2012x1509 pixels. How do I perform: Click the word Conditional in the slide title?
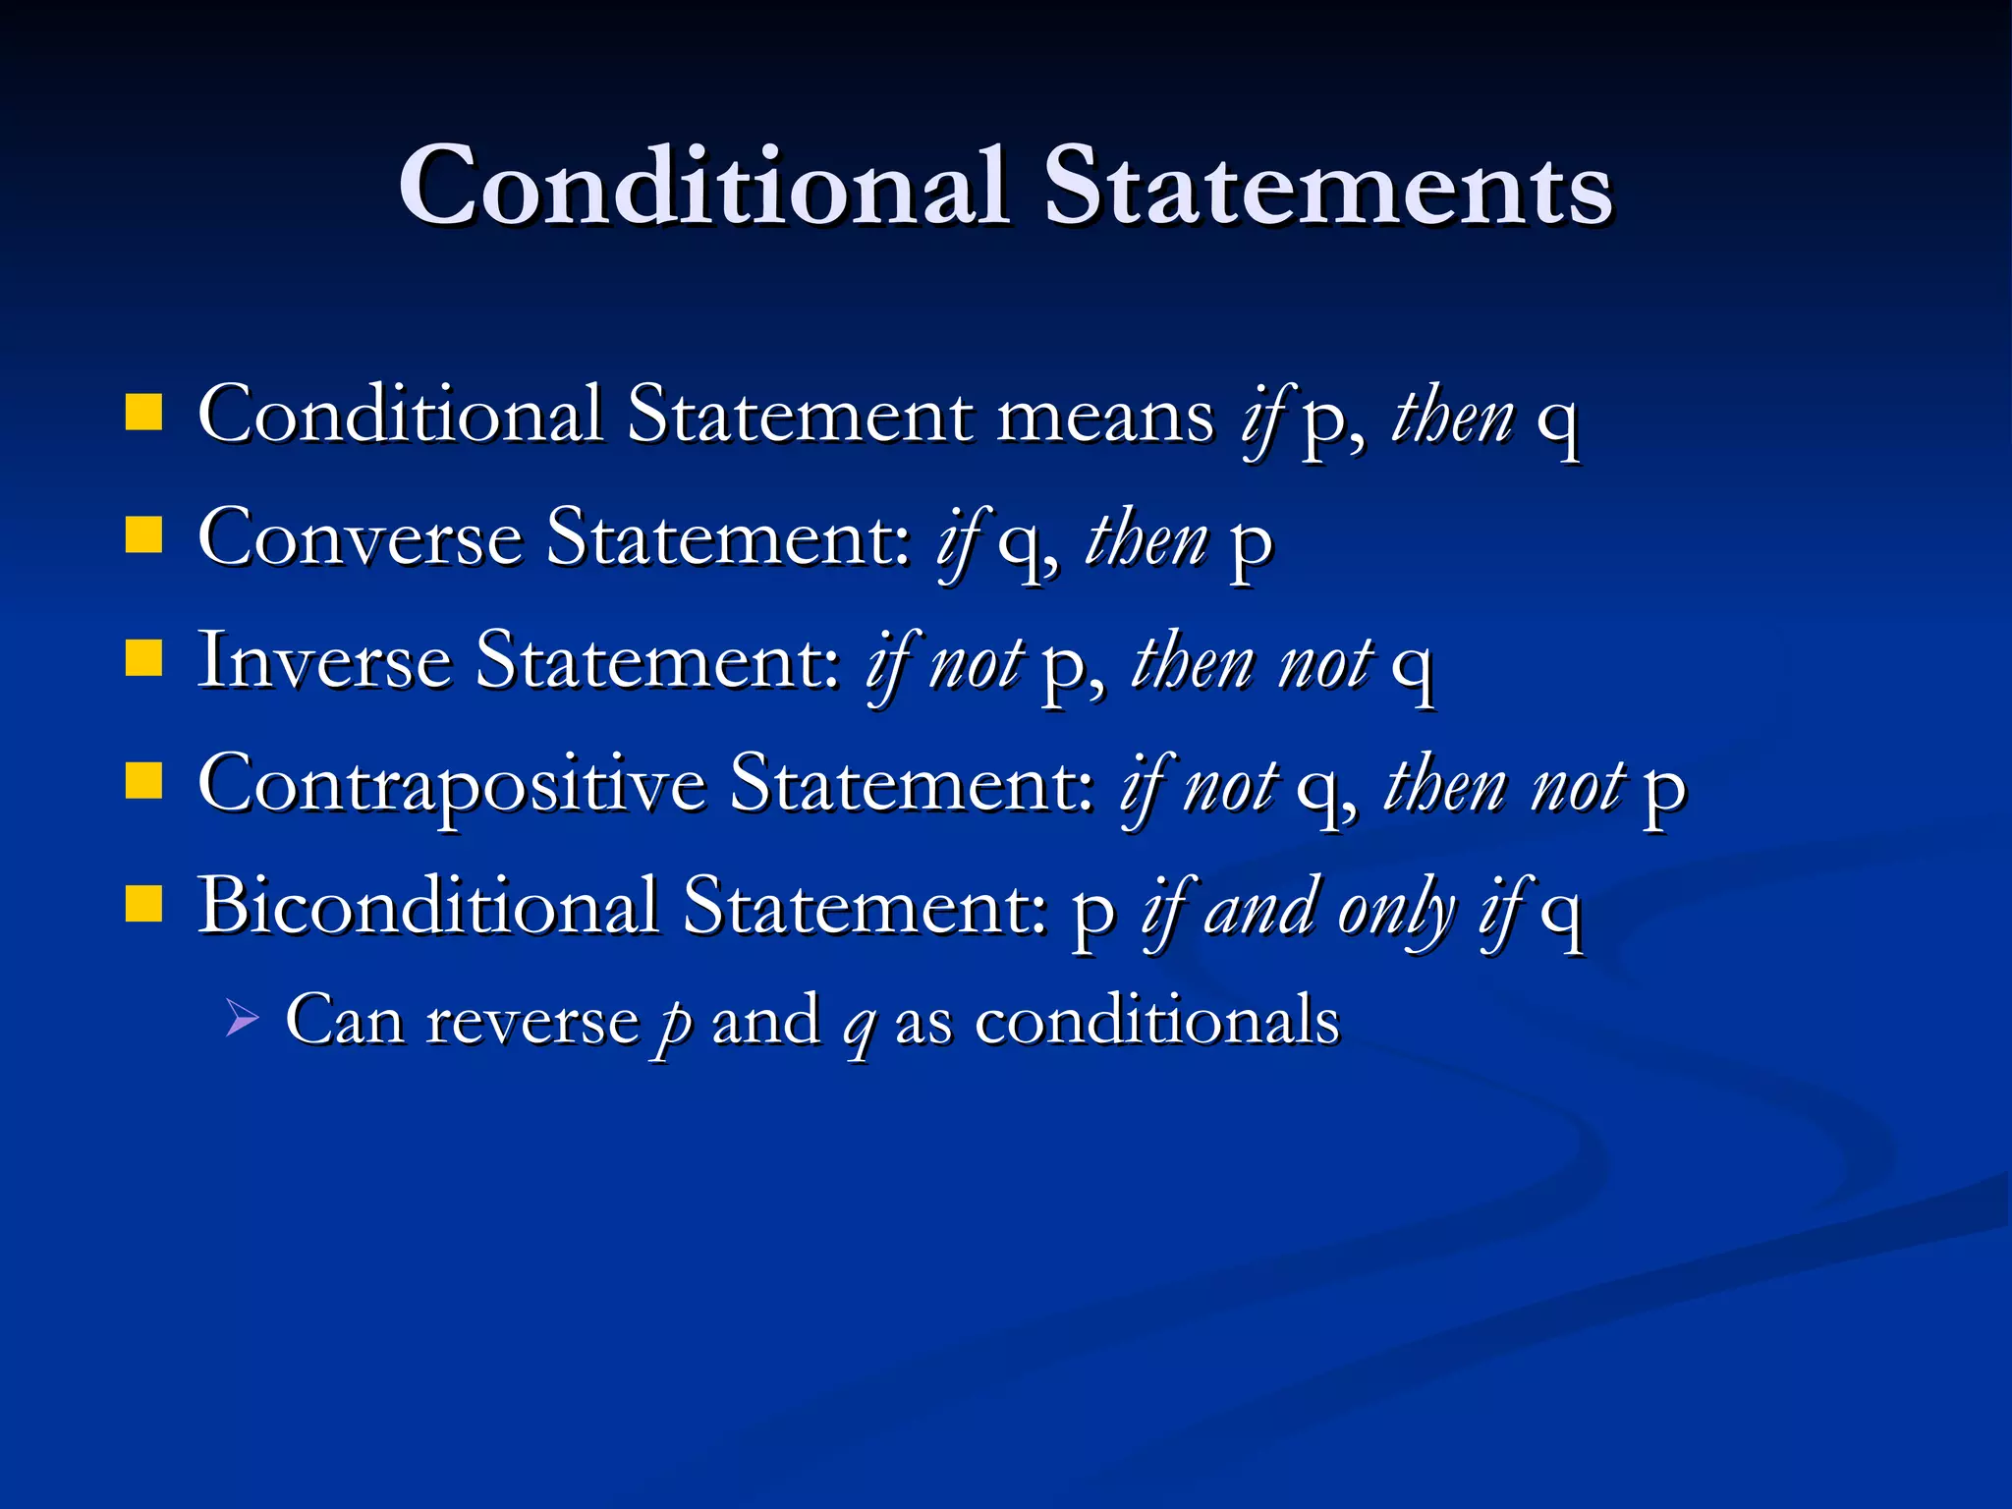(x=703, y=187)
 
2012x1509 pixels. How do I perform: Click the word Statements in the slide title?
(x=1327, y=187)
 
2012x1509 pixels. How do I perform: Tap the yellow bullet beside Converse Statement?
(x=143, y=536)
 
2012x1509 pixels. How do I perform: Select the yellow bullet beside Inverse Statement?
(x=143, y=659)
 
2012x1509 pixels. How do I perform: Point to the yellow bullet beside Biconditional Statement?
(x=143, y=905)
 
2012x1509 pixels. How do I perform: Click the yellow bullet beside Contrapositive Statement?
(x=143, y=782)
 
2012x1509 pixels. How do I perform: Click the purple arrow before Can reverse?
(x=241, y=1018)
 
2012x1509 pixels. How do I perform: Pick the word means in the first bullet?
(x=1105, y=417)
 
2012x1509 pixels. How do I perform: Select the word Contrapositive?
(x=452, y=785)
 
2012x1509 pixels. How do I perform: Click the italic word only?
(x=1396, y=910)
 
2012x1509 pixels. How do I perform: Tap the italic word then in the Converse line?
(x=1146, y=539)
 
